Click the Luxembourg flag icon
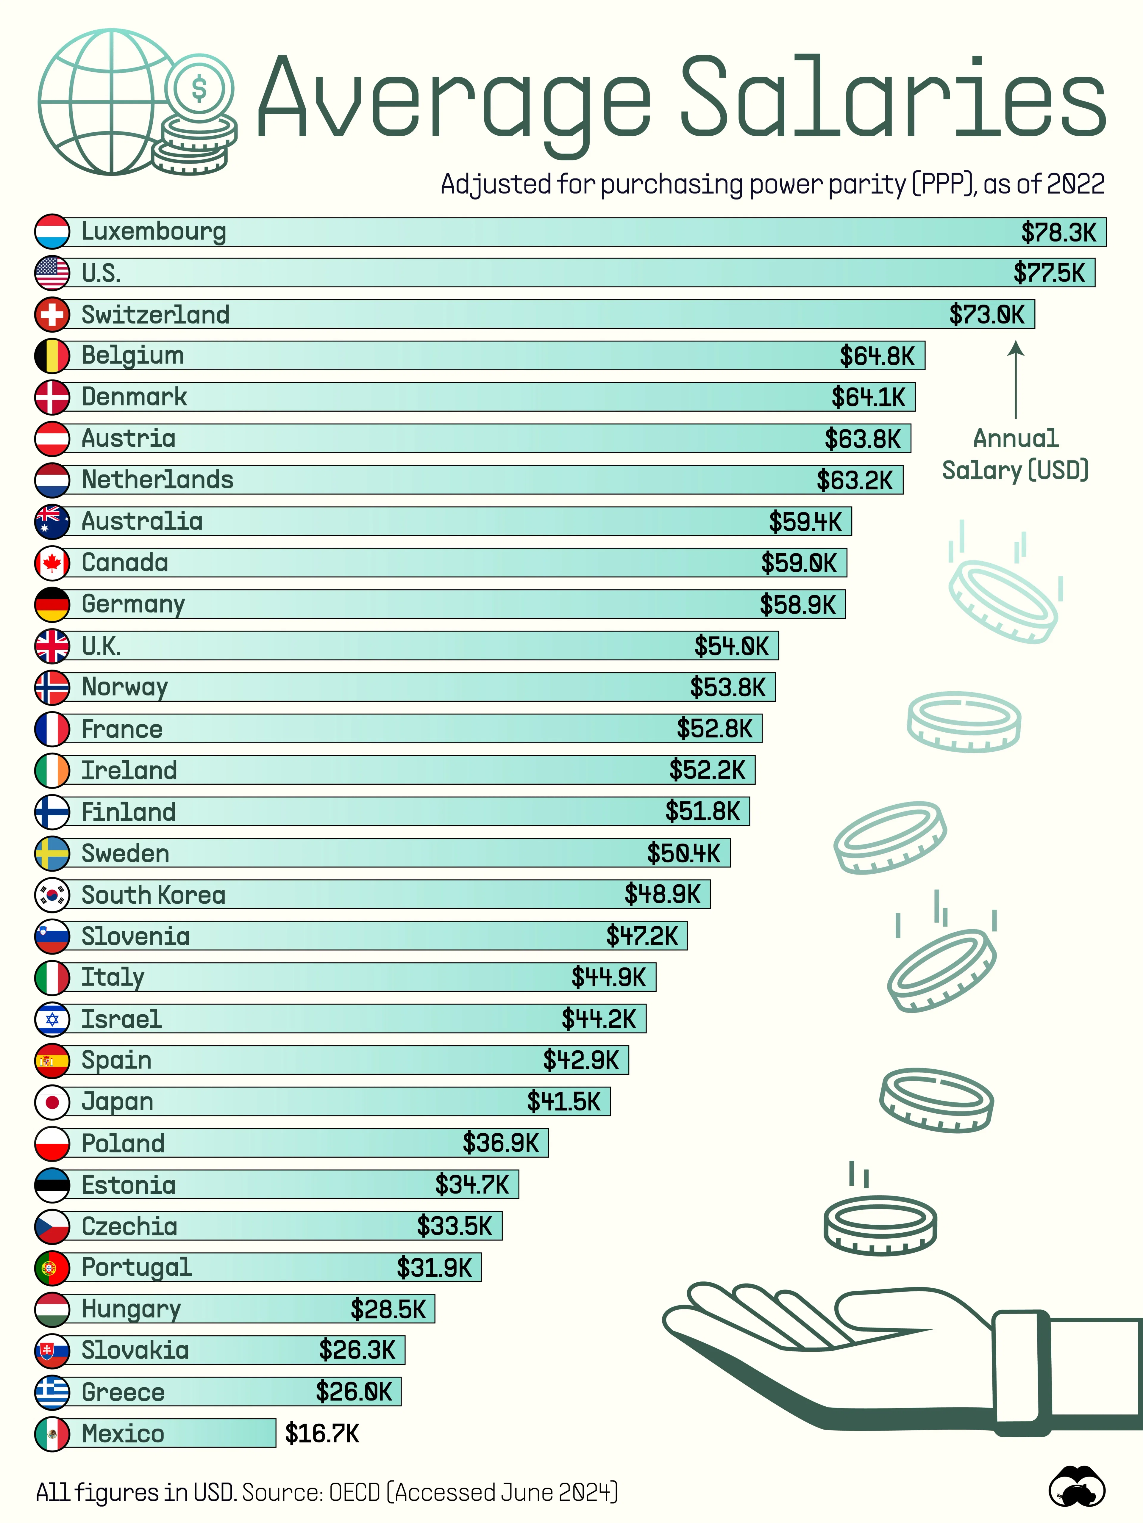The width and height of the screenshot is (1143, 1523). (52, 231)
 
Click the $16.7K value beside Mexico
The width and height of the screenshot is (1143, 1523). (322, 1433)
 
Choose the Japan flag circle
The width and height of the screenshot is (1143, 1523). (52, 1101)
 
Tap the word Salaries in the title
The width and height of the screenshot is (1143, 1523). (892, 96)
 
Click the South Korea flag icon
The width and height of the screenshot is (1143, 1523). (52, 894)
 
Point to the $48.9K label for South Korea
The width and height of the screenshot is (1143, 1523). (662, 894)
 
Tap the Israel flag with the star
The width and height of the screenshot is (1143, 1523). (52, 1019)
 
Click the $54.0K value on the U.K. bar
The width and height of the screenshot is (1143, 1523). (731, 646)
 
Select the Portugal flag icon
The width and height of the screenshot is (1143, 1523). (52, 1267)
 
